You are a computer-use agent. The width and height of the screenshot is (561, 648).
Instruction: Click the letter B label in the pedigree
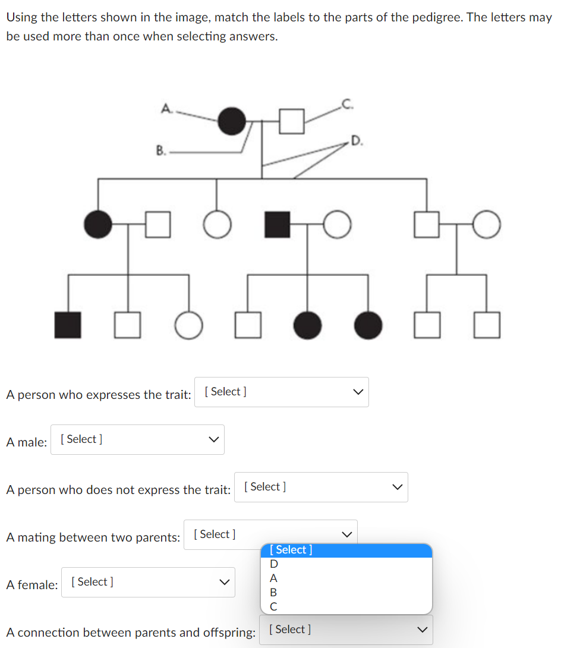160,150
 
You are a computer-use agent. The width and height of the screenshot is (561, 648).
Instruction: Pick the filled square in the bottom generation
68,325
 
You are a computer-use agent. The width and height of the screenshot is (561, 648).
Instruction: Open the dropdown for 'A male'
137,439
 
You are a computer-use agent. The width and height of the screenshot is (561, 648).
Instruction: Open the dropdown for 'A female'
148,582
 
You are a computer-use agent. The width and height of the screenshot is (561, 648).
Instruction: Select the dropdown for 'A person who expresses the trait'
282,392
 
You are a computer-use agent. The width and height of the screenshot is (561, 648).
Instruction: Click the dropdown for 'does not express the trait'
321,487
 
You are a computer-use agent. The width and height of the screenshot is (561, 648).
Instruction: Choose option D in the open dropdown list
274,564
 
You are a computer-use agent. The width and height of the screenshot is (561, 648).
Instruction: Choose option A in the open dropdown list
274,578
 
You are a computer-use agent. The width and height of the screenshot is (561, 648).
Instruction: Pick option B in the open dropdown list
274,592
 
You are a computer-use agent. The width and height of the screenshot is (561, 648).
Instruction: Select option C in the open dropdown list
274,606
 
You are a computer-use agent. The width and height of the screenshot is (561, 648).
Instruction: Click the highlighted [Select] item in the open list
346,550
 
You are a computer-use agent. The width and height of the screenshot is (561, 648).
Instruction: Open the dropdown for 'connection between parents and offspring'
346,630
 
